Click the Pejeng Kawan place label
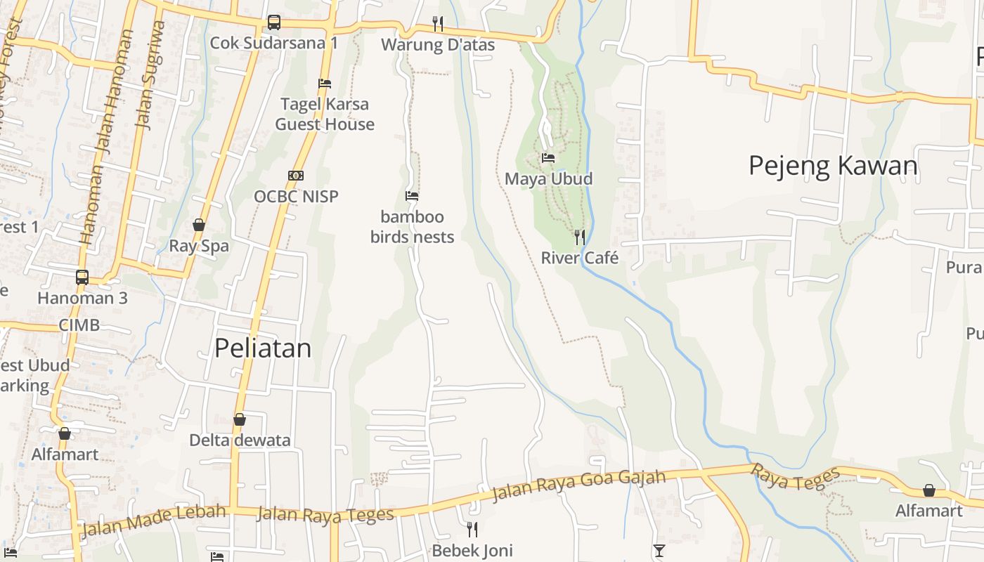tap(833, 166)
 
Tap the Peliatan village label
tap(262, 348)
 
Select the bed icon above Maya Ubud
tap(548, 158)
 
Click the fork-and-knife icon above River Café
tap(580, 237)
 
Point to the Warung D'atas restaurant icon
tap(438, 24)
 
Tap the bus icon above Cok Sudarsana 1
tap(274, 22)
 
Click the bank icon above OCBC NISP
tap(296, 176)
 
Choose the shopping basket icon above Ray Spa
tap(199, 225)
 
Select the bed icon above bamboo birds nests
tap(412, 196)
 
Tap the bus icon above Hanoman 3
tap(82, 277)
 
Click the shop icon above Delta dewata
tap(240, 419)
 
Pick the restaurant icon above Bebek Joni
tap(472, 529)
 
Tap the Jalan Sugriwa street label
tap(150, 76)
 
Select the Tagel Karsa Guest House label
tap(325, 114)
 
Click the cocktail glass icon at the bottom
tap(659, 551)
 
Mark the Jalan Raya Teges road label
tap(325, 515)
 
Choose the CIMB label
tap(79, 325)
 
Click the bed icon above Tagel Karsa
tap(325, 83)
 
